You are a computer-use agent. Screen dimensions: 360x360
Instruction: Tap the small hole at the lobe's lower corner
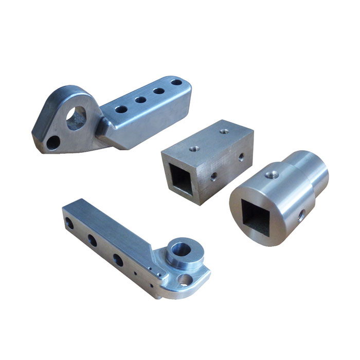pyautogui.click(x=52, y=142)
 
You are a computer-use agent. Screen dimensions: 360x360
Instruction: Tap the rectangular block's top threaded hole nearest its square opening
pyautogui.click(x=194, y=149)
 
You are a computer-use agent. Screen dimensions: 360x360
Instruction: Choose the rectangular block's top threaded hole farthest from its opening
pyautogui.click(x=223, y=132)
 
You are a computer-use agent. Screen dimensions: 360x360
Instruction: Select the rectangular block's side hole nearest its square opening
pyautogui.click(x=213, y=177)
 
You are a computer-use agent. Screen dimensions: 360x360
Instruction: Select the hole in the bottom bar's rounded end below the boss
pyautogui.click(x=184, y=280)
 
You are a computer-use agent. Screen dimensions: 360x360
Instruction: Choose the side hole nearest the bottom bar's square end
pyautogui.click(x=67, y=223)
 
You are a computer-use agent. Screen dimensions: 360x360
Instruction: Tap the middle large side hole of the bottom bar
pyautogui.click(x=93, y=240)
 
